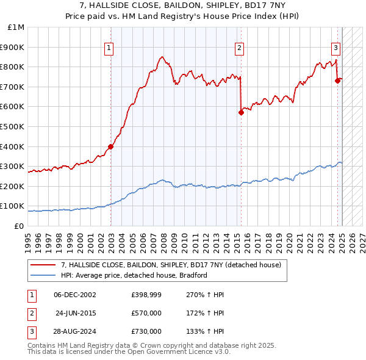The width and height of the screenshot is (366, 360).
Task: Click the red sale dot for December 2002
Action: pyautogui.click(x=111, y=146)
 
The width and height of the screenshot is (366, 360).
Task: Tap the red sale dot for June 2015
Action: pyautogui.click(x=241, y=112)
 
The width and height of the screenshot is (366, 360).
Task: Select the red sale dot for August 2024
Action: pyautogui.click(x=337, y=80)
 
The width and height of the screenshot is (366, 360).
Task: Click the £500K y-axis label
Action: pyautogui.click(x=13, y=126)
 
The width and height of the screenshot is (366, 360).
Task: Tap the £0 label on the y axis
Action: pyautogui.click(x=18, y=226)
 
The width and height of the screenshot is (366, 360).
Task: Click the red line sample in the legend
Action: pyautogui.click(x=43, y=265)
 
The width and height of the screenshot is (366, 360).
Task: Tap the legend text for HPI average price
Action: pyautogui.click(x=135, y=275)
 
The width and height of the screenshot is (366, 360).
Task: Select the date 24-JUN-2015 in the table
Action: pyautogui.click(x=76, y=313)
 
